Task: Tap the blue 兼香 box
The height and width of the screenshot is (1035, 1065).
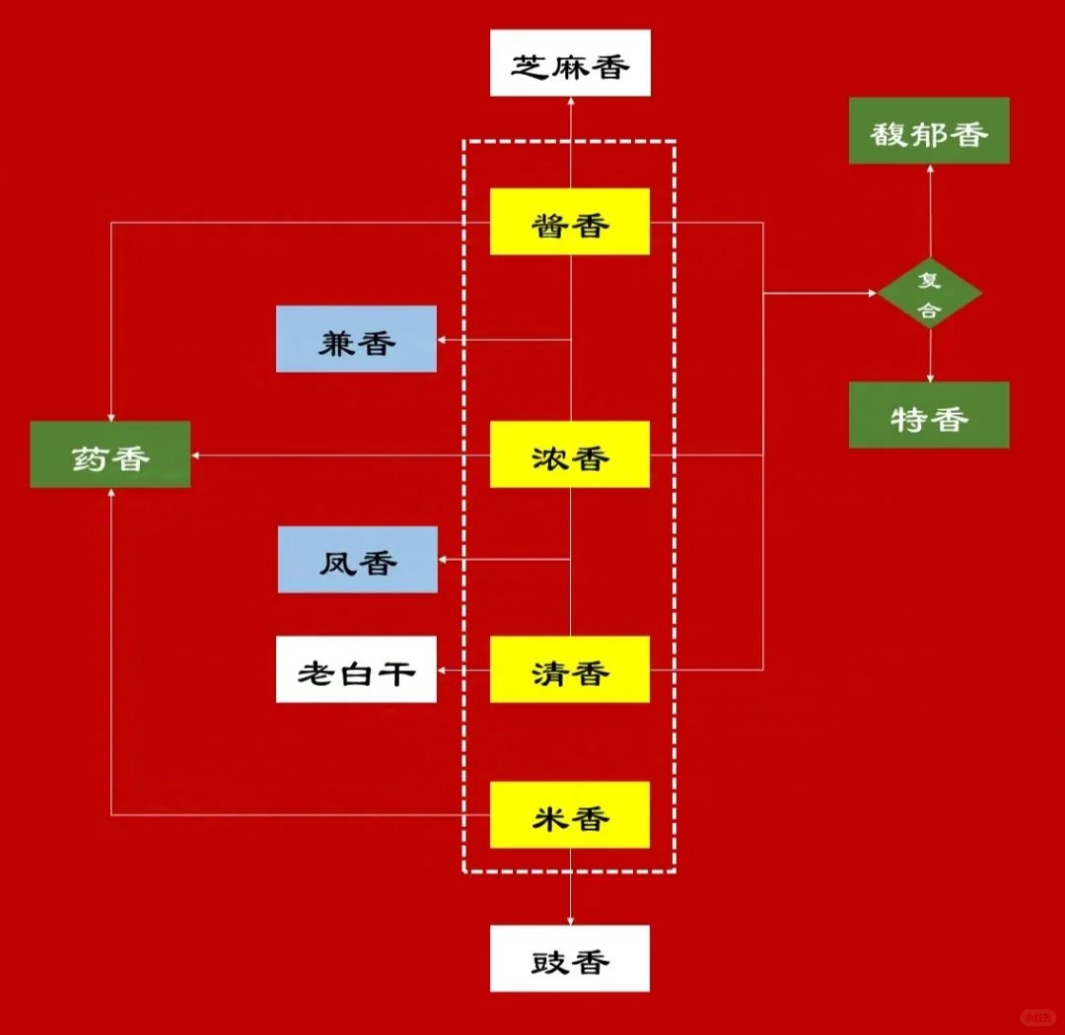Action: [356, 339]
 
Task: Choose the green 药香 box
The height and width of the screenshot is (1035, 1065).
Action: [110, 454]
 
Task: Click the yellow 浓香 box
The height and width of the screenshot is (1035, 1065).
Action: [570, 454]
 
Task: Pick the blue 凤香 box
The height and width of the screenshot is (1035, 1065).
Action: [358, 560]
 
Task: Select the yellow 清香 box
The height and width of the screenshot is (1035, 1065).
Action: [570, 669]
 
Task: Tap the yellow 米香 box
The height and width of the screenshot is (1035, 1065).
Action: [570, 815]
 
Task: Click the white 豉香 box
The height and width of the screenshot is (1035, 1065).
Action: [570, 958]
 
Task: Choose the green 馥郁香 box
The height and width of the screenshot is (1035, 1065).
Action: [929, 131]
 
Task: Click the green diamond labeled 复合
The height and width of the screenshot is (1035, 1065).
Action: [930, 294]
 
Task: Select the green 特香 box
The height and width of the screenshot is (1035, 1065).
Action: [929, 415]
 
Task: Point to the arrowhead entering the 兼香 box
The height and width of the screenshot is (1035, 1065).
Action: [443, 340]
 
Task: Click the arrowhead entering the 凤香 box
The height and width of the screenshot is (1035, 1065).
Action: [444, 560]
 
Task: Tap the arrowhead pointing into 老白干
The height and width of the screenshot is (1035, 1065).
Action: [443, 670]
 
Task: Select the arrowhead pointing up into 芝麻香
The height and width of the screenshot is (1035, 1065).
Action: [570, 103]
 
